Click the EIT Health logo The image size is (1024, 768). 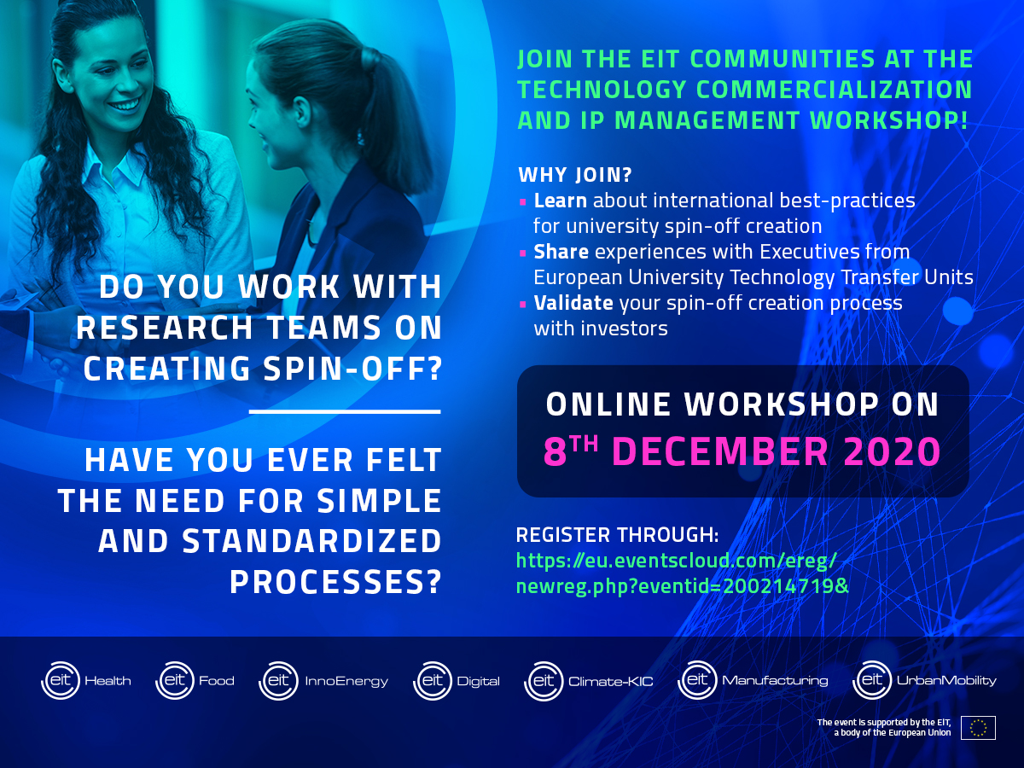(86, 680)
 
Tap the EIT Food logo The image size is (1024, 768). (195, 680)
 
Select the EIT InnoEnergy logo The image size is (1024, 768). (323, 681)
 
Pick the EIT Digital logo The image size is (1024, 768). (457, 681)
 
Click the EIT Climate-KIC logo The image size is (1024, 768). (588, 681)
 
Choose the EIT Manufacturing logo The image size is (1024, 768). (753, 680)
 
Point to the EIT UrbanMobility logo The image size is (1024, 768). (924, 680)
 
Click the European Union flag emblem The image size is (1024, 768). (978, 728)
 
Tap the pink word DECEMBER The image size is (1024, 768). (720, 451)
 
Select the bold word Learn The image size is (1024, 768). (561, 201)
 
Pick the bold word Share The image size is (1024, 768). (561, 252)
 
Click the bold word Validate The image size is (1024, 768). (573, 303)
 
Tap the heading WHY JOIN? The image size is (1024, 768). (575, 175)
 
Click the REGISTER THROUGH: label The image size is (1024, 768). (617, 535)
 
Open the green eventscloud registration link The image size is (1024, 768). (682, 573)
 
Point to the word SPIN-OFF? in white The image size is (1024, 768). (352, 369)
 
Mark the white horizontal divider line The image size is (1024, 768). (345, 412)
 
